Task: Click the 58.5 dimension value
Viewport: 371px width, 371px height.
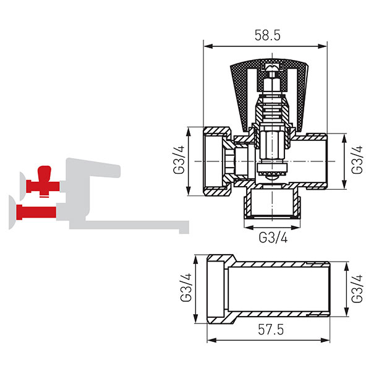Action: pyautogui.click(x=267, y=35)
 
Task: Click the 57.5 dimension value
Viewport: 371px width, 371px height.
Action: pyautogui.click(x=271, y=330)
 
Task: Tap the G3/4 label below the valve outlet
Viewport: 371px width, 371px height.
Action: pyautogui.click(x=273, y=237)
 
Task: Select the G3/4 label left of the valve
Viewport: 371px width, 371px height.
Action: pyautogui.click(x=179, y=160)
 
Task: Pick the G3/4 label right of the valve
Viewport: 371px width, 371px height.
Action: pyautogui.click(x=357, y=160)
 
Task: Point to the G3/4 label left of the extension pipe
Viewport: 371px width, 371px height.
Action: pyautogui.click(x=185, y=288)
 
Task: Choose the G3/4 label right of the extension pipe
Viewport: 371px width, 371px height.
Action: pyautogui.click(x=357, y=288)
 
